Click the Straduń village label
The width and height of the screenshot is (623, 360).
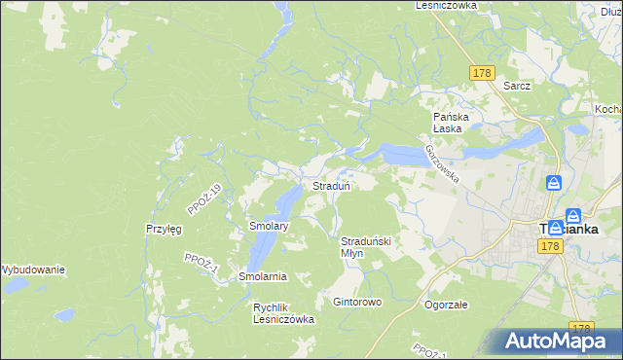pyautogui.click(x=331, y=185)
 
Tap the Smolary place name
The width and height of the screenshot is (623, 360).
pyautogui.click(x=269, y=226)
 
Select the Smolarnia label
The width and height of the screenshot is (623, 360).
pyautogui.click(x=262, y=276)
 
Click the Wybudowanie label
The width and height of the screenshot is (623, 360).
pyautogui.click(x=33, y=269)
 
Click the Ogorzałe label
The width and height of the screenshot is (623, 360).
pyautogui.click(x=447, y=304)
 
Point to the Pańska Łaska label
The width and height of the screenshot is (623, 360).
pyautogui.click(x=452, y=122)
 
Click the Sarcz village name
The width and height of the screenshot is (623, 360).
pyautogui.click(x=517, y=86)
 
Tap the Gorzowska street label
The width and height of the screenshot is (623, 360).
pyautogui.click(x=442, y=161)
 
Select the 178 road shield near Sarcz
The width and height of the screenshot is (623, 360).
pyautogui.click(x=482, y=74)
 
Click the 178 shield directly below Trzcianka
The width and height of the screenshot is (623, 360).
pyautogui.click(x=551, y=248)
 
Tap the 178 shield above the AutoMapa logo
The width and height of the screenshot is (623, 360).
pyautogui.click(x=582, y=329)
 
